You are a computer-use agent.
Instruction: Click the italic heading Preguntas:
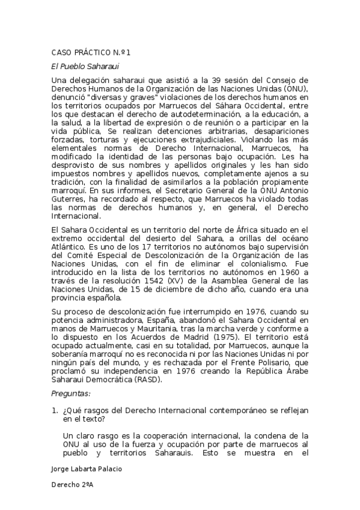[72, 393]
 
